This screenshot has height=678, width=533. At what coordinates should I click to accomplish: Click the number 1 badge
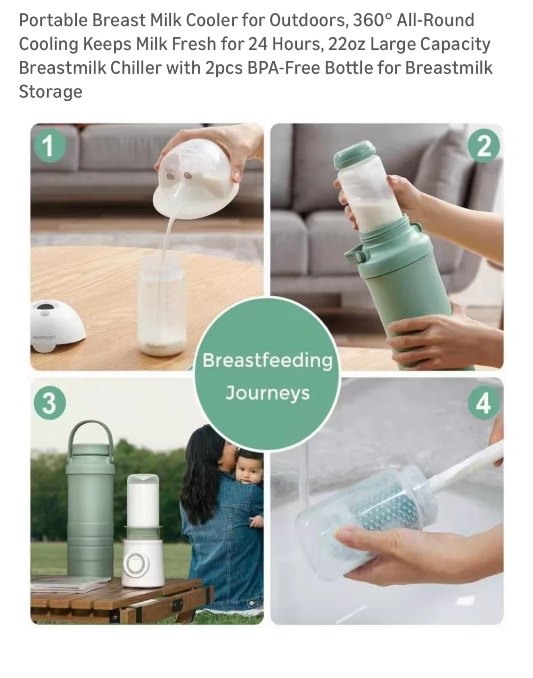(49, 145)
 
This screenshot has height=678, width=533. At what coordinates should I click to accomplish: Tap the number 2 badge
(484, 145)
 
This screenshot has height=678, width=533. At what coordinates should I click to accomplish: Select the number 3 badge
(49, 403)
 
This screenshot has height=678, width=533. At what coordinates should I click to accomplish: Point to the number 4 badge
(484, 403)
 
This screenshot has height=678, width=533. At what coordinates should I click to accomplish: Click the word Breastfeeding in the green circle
(267, 361)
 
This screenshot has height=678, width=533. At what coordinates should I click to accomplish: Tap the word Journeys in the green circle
(267, 393)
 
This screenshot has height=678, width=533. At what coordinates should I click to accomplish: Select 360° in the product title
(372, 20)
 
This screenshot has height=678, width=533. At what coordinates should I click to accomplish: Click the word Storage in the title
(50, 92)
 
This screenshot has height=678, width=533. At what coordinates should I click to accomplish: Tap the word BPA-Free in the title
(284, 68)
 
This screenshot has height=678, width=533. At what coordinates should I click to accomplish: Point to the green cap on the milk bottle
(355, 154)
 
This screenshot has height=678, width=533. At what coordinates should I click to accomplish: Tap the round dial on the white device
(137, 564)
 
